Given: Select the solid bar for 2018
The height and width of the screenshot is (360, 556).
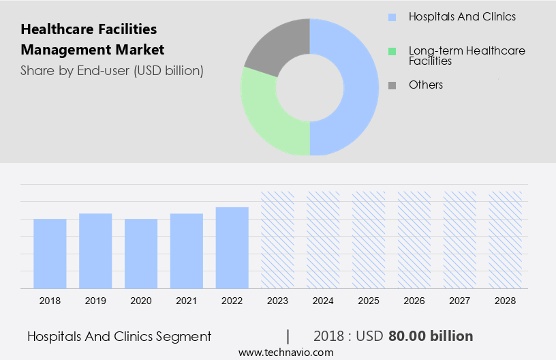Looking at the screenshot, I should [x=50, y=254].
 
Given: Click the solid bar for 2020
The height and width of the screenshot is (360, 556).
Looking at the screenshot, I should [x=141, y=254].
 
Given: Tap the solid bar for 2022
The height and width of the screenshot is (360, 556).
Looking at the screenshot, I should [x=232, y=247].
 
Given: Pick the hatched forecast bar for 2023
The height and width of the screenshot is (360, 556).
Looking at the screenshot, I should [x=278, y=239].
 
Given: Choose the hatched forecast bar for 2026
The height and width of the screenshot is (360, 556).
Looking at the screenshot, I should [x=414, y=239].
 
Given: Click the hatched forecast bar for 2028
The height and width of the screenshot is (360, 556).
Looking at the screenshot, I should [x=506, y=239].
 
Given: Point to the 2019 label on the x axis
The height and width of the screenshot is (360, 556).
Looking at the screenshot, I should [x=95, y=300].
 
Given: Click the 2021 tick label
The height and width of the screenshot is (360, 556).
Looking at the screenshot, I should [x=187, y=300].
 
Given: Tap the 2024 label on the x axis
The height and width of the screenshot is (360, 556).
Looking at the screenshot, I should [x=324, y=300].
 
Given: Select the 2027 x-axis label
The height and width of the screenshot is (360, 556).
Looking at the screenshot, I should [x=460, y=300].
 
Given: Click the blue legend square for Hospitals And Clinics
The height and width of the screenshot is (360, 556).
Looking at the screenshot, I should [x=392, y=17].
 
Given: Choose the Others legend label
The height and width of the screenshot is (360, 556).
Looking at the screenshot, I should [x=426, y=85].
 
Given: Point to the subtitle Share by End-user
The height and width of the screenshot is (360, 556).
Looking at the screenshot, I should [x=112, y=70].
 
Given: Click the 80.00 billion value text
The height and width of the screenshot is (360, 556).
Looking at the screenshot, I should [x=431, y=336].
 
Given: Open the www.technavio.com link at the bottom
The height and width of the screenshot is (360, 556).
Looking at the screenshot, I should [x=286, y=352].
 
